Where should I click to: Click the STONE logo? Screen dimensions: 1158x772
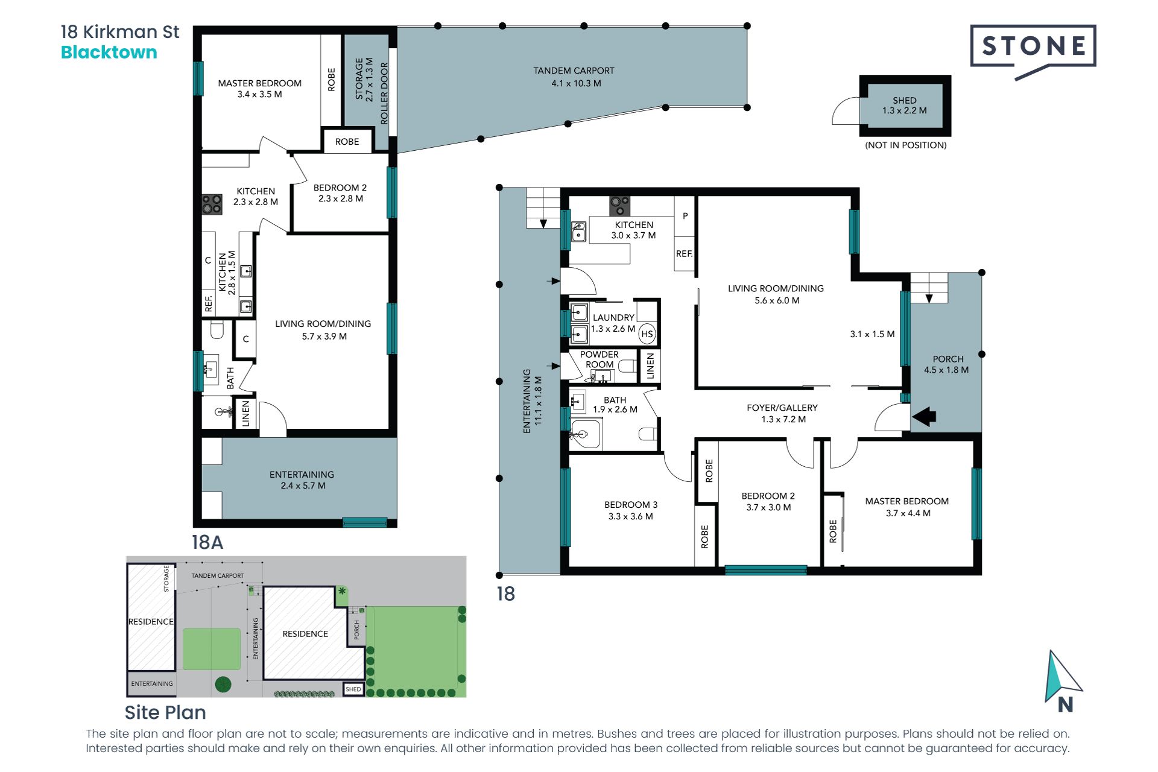pos(1033,51)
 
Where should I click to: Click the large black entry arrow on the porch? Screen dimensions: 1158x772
pos(924,416)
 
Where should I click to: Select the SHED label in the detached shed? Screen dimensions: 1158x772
pos(904,100)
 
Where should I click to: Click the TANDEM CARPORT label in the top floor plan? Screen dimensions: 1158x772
pos(574,71)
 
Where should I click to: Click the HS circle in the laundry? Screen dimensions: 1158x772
pos(647,334)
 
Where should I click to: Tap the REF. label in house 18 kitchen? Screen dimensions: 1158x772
pos(684,254)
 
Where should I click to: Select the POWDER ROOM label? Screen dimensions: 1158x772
pos(600,359)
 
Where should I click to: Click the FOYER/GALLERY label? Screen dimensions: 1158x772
pos(782,408)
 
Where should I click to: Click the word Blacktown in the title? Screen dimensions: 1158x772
pos(109,52)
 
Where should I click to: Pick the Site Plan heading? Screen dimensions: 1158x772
pos(165,712)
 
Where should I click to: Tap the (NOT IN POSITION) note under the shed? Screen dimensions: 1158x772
pos(906,145)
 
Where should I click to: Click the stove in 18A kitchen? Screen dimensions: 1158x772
pos(212,204)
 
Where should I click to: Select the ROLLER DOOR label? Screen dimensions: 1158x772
pos(384,93)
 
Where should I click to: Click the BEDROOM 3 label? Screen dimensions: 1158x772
pos(631,504)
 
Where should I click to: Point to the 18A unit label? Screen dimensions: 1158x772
pos(207,542)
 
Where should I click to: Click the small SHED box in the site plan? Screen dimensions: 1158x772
pos(353,689)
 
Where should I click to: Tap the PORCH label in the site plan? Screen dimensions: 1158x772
pos(356,629)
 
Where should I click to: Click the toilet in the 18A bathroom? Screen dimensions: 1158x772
pos(217,330)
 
